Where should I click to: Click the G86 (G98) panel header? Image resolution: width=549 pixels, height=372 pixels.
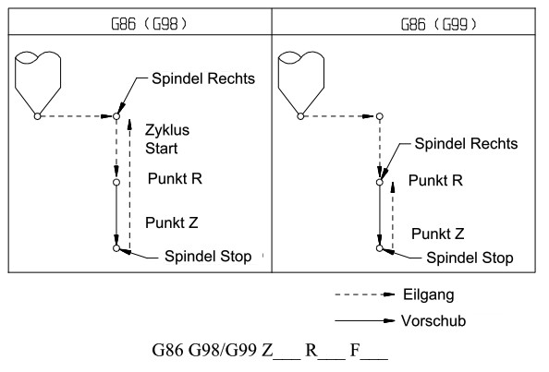click(x=149, y=24)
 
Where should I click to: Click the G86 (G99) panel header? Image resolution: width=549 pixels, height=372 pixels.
click(x=439, y=24)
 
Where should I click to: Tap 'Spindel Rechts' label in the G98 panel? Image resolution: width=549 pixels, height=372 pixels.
click(x=203, y=78)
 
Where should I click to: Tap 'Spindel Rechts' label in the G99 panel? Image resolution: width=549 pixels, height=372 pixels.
click(x=466, y=144)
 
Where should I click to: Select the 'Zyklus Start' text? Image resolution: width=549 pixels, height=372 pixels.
click(x=167, y=139)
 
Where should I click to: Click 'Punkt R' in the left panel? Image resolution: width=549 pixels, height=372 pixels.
click(x=175, y=179)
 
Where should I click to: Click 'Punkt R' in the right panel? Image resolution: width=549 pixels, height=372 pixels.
click(x=435, y=181)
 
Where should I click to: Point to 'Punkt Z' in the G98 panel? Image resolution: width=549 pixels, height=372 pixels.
click(x=172, y=222)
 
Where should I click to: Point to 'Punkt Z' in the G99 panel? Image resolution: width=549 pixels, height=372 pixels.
click(x=438, y=234)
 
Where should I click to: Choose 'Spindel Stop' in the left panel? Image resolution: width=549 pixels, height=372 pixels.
click(x=208, y=257)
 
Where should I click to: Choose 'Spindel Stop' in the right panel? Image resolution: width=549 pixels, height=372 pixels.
click(x=470, y=258)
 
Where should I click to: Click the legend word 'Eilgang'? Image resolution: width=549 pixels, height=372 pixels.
click(x=429, y=294)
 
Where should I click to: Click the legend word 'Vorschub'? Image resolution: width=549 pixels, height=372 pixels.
click(x=433, y=321)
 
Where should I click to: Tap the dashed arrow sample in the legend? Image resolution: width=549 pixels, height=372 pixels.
click(x=365, y=294)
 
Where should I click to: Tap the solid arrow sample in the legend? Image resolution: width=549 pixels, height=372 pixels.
click(x=365, y=320)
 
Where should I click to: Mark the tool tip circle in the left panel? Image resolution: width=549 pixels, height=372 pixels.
click(x=38, y=116)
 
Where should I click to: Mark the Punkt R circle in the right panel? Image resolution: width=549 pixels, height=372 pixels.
click(x=380, y=182)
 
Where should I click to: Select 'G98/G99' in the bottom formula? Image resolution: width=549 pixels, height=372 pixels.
click(x=223, y=350)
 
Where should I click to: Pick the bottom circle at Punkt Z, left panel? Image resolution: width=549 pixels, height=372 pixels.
click(x=116, y=248)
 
